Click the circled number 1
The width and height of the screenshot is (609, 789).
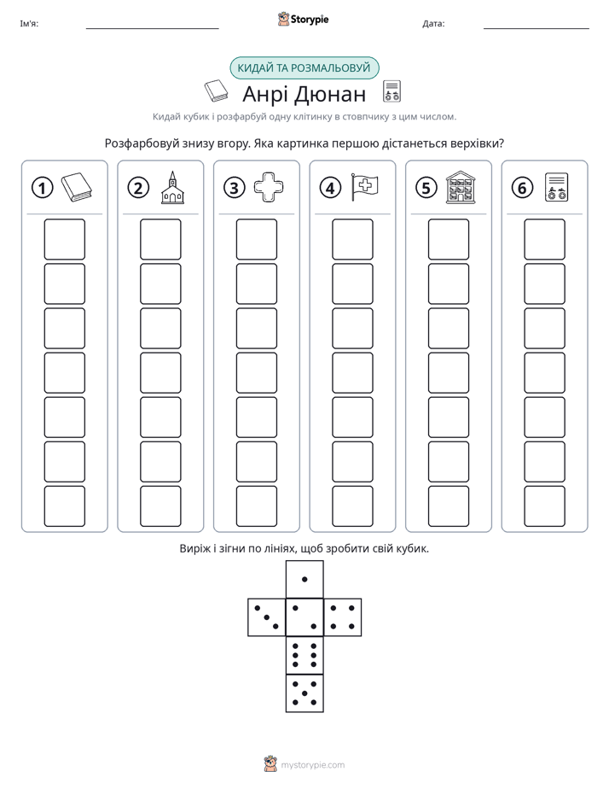coord(42,188)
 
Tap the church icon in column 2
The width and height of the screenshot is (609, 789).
coord(172,187)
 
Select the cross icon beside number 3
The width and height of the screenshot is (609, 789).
coord(269,187)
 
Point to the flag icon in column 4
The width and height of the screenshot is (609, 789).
coord(364,187)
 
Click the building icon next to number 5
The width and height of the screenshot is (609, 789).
coord(461,187)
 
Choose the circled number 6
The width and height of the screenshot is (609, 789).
coord(522,188)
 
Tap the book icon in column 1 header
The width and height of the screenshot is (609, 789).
coord(77,187)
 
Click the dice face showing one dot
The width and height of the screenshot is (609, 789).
coord(304,579)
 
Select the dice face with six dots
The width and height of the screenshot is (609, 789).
coord(304,655)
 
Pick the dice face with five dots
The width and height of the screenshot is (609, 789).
coord(304,693)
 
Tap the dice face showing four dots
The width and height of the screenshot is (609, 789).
coord(343,617)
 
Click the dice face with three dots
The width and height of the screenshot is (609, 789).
coord(267,617)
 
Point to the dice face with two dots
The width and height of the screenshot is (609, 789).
coord(304,617)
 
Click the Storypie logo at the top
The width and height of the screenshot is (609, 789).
coord(303,19)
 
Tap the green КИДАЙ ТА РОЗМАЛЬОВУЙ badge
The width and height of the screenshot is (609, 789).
coord(304,68)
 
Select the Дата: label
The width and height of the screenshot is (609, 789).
coord(433,23)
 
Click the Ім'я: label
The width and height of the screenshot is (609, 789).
coord(29,23)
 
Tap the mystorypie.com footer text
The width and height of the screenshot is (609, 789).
coord(312,765)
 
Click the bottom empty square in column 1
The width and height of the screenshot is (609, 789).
coord(64,506)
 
